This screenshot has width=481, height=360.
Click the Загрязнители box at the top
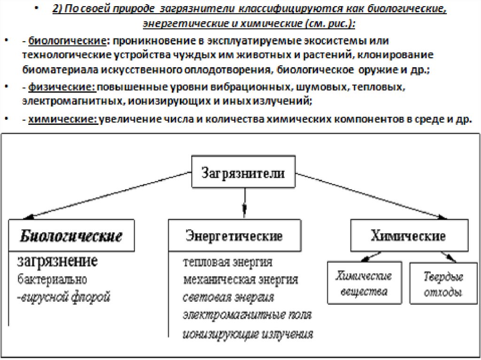click(x=243, y=172)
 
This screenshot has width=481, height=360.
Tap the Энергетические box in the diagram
click(x=234, y=236)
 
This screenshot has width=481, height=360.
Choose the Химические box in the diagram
click(x=409, y=236)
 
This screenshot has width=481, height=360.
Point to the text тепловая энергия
click(x=228, y=262)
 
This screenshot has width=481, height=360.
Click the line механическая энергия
click(x=240, y=280)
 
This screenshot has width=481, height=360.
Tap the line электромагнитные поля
click(x=247, y=315)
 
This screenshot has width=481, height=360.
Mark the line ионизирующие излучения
click(x=248, y=334)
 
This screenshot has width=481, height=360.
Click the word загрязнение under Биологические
click(x=57, y=261)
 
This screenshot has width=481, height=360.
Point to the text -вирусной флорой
click(x=64, y=297)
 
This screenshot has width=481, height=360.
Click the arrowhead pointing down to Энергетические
click(x=243, y=209)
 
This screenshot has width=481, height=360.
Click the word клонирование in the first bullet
click(x=394, y=55)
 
